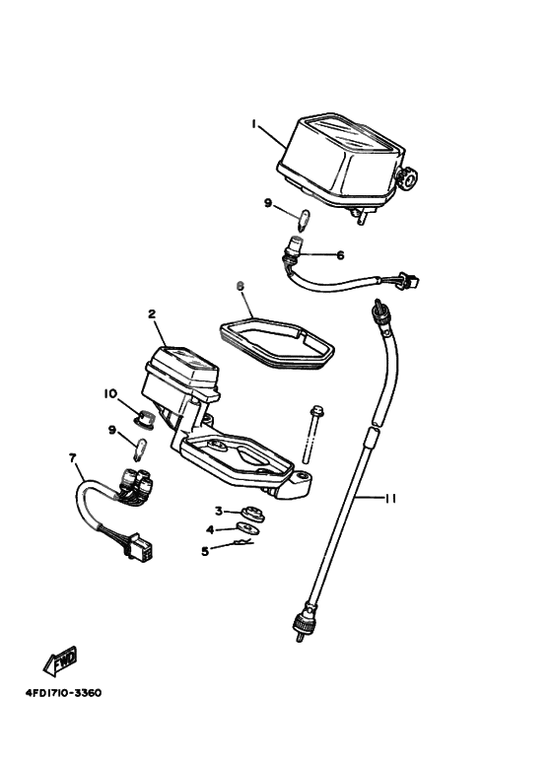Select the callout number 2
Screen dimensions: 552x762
tap(152, 313)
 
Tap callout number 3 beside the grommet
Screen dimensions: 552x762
tap(219, 511)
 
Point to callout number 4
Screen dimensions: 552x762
tap(210, 529)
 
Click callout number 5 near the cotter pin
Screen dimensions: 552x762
tap(206, 552)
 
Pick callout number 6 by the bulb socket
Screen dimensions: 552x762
tap(340, 254)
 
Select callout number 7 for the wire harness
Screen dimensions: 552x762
tap(73, 457)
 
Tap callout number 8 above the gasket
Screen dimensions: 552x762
tap(240, 287)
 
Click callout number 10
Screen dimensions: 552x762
tap(110, 393)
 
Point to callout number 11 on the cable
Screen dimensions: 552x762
tap(390, 499)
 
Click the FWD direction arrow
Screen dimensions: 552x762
tap(60, 660)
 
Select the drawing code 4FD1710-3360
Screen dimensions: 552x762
tap(64, 693)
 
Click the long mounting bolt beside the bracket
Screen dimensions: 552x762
tap(310, 434)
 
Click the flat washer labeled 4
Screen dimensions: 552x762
tap(246, 527)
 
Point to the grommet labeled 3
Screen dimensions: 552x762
tap(253, 514)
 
